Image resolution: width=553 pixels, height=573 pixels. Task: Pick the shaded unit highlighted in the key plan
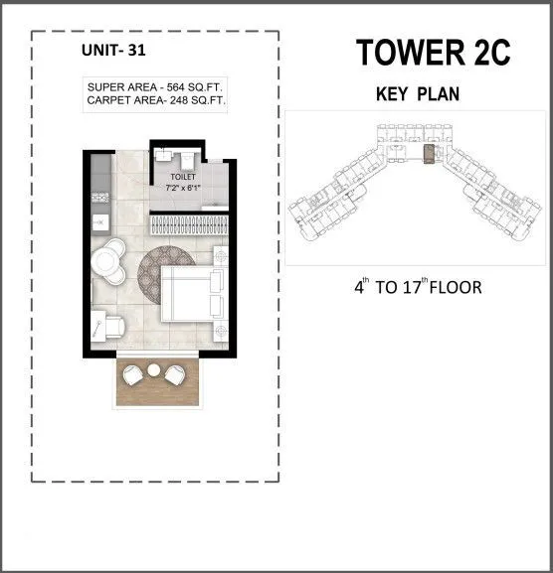tap(430, 154)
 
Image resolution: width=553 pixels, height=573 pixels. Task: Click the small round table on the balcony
tap(153, 370)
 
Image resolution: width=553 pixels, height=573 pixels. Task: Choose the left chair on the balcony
tap(132, 376)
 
